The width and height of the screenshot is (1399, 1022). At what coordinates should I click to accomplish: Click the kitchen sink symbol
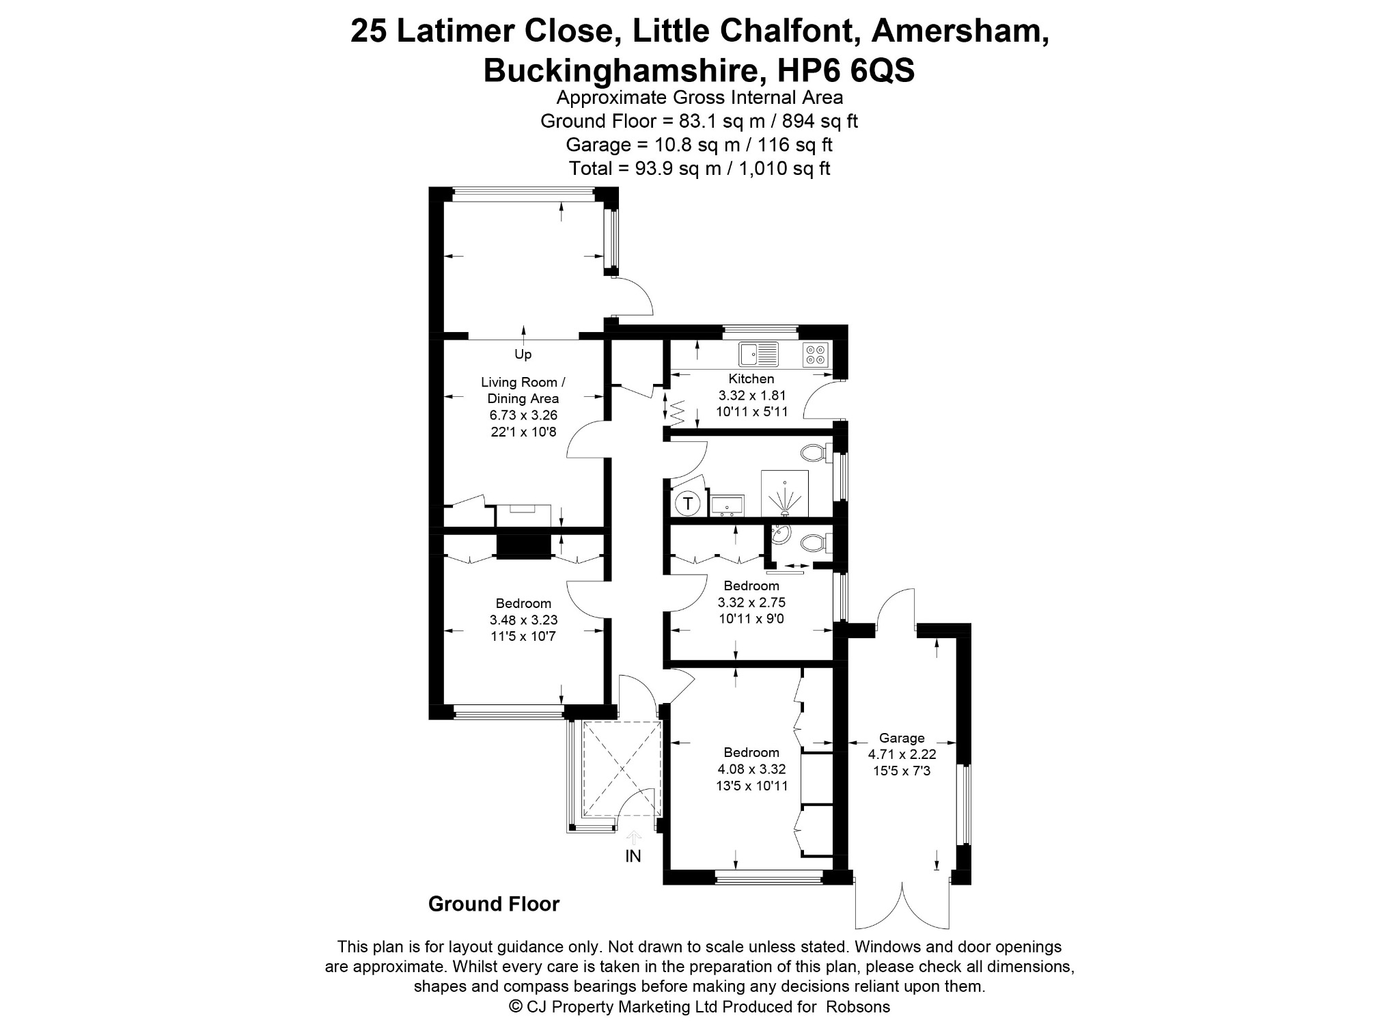(759, 354)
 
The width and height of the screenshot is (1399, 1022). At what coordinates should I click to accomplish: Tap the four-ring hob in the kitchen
(815, 354)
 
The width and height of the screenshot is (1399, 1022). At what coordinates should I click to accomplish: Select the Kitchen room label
(751, 378)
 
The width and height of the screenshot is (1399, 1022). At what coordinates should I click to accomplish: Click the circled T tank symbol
(689, 504)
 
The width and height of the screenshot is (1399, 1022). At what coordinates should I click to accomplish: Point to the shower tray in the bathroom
(785, 493)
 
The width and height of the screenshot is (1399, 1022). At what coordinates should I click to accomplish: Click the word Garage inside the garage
(902, 738)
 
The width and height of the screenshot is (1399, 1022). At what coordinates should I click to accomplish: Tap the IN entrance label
(633, 856)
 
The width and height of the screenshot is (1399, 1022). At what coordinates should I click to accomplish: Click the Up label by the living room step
(523, 355)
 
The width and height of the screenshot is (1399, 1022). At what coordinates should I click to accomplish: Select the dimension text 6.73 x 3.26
(523, 415)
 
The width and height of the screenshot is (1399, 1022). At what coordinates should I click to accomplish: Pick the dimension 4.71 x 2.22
(902, 755)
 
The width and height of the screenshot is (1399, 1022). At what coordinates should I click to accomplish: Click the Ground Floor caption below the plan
(494, 904)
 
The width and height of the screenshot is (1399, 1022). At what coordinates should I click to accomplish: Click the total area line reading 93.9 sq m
(699, 168)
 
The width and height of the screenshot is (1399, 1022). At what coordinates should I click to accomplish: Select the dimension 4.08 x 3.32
(751, 769)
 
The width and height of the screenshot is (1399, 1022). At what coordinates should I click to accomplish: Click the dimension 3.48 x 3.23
(523, 620)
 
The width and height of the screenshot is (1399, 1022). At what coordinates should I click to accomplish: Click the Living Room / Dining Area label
(523, 390)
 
